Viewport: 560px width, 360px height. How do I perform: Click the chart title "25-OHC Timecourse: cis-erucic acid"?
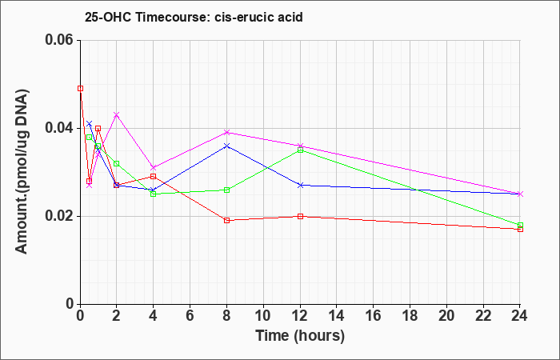[194, 17]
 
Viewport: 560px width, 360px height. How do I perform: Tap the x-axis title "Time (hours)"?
[300, 336]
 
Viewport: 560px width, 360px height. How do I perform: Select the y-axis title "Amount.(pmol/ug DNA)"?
[22, 171]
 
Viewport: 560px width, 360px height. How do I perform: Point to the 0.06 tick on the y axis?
[62, 40]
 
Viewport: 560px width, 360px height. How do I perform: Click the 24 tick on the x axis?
[520, 316]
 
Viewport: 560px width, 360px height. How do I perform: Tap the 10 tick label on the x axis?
[263, 316]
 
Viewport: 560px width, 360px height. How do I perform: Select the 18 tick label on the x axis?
[410, 316]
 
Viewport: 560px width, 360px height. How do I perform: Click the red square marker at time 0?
[81, 89]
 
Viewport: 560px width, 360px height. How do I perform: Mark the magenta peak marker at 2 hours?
[117, 114]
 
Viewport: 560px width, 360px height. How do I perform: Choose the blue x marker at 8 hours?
[226, 146]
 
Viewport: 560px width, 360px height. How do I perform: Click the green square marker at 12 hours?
[300, 150]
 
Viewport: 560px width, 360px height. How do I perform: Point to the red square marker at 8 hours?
[226, 220]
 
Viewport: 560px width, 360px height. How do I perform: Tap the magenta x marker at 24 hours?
[520, 194]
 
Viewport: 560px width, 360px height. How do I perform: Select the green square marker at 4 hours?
[154, 194]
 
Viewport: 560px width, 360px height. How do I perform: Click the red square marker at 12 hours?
[300, 216]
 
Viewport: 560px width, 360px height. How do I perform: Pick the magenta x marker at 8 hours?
[226, 133]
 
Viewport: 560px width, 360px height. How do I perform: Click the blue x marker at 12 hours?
[300, 185]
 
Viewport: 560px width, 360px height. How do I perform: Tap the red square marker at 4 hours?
[154, 177]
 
